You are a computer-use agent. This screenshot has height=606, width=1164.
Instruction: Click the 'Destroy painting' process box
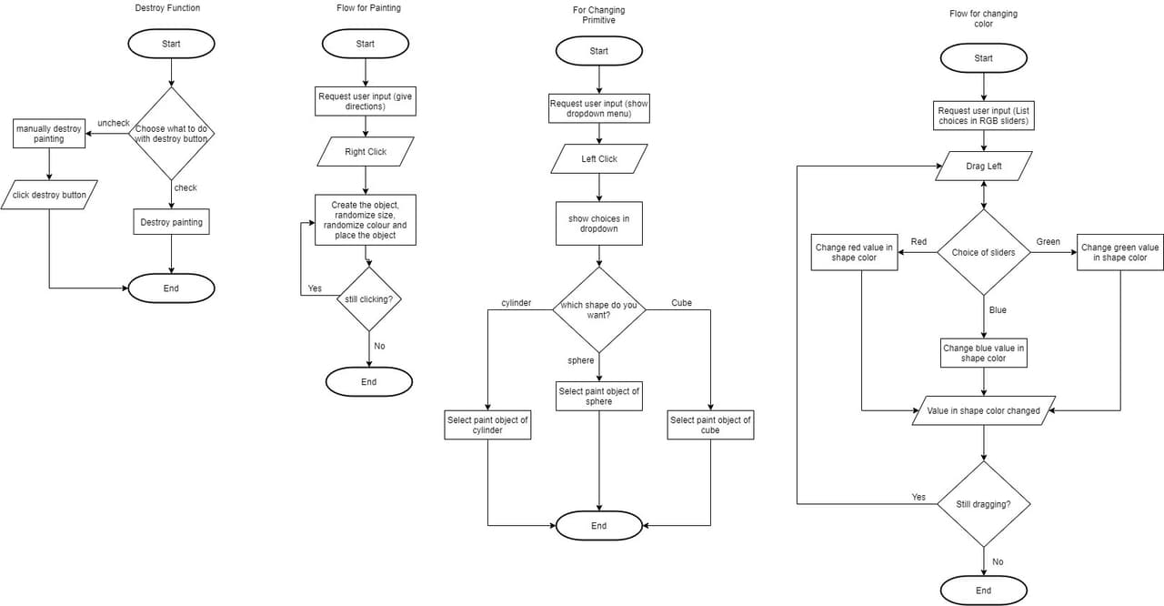click(172, 222)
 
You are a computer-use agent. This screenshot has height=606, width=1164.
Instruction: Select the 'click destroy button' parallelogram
click(49, 195)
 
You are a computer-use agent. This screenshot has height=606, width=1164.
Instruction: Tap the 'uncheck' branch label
click(114, 123)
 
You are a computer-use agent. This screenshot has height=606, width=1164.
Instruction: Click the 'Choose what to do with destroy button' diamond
click(172, 134)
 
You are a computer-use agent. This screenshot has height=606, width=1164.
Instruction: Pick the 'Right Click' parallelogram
click(366, 152)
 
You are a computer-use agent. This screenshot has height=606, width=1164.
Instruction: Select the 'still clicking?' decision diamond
click(369, 299)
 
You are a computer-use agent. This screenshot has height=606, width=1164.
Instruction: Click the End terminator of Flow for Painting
click(369, 382)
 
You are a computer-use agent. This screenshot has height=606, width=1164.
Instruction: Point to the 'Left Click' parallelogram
click(599, 159)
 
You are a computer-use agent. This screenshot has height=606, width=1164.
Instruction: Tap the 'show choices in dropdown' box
click(599, 224)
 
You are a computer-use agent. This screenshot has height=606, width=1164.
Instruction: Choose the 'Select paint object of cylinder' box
click(487, 425)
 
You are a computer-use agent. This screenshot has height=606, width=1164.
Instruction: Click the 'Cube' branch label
click(681, 303)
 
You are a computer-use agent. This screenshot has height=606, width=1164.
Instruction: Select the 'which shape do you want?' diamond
click(599, 310)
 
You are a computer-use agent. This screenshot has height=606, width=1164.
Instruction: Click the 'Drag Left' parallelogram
click(984, 167)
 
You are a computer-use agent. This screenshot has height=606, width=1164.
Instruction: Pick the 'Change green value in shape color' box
click(1119, 253)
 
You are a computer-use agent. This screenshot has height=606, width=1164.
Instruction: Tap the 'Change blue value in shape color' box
click(984, 353)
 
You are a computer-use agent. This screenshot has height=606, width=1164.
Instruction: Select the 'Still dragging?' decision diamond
click(984, 504)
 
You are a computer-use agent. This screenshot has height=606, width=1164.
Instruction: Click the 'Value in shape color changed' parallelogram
click(984, 410)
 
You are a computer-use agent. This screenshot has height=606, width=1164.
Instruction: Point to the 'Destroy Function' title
click(167, 8)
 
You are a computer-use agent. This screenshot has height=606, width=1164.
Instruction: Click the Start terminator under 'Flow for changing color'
click(984, 58)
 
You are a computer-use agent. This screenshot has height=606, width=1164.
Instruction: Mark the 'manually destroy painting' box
click(49, 134)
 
